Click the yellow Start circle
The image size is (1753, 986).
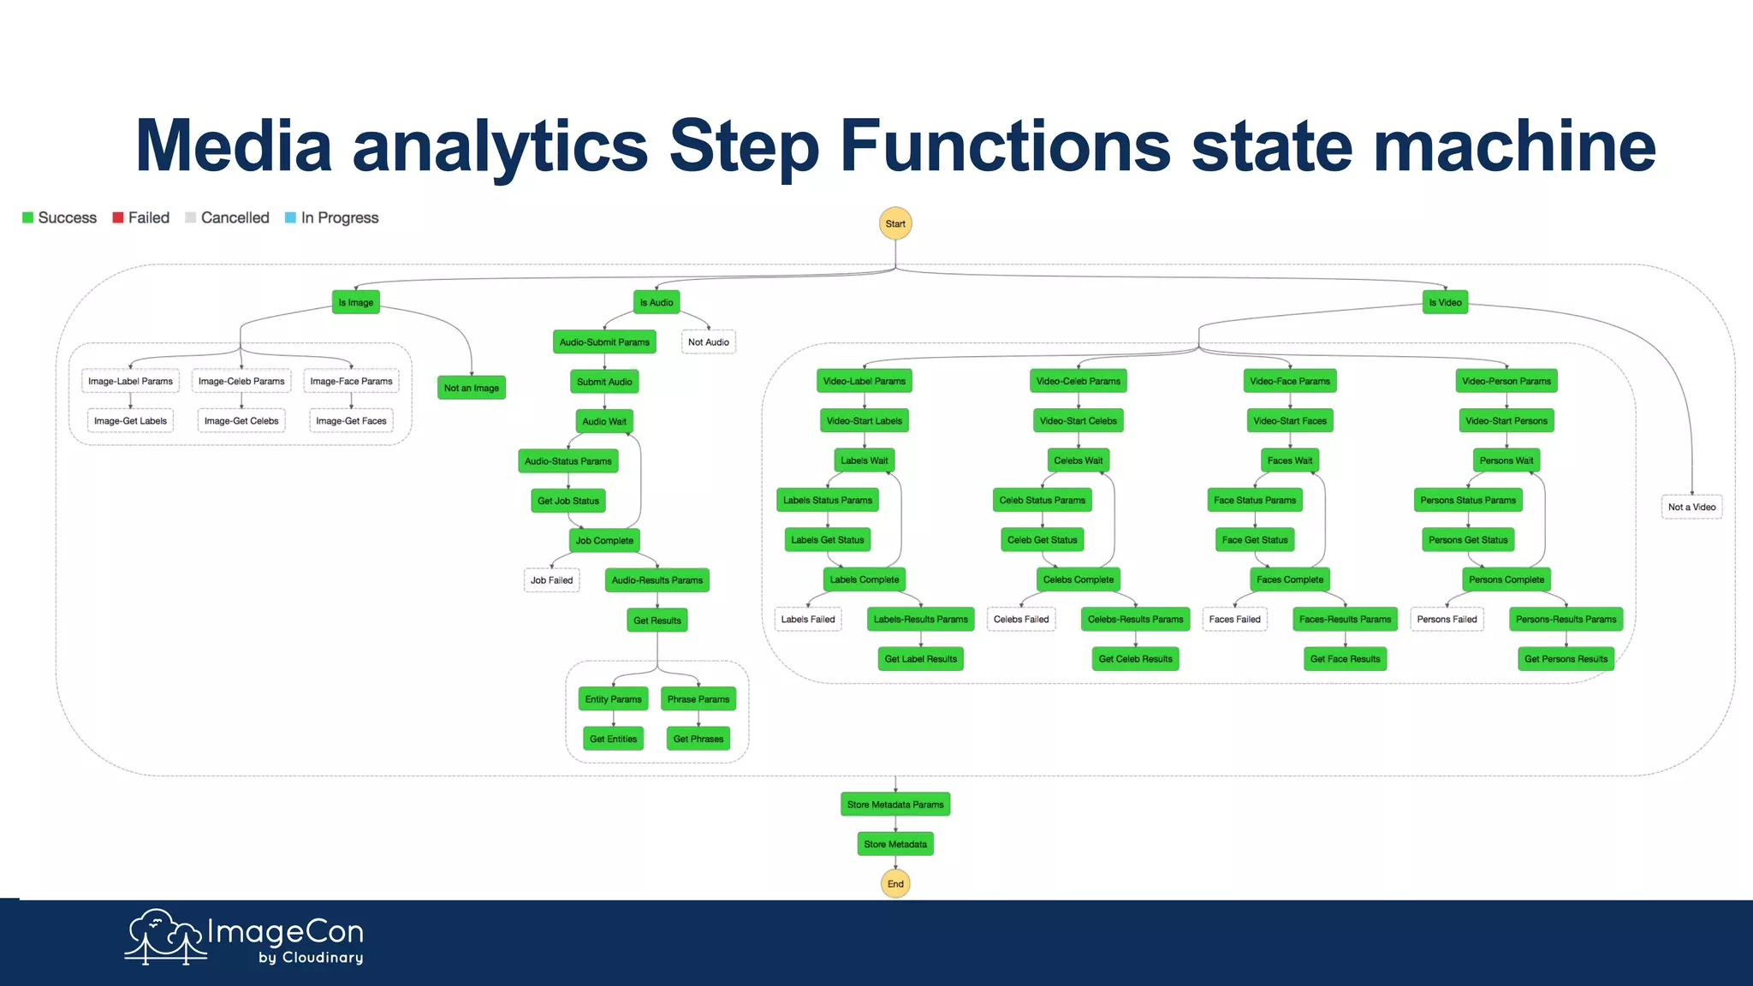[x=895, y=223]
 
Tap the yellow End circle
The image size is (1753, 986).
[x=895, y=883]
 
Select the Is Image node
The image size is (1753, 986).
[x=355, y=302]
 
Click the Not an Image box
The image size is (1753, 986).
[x=471, y=388]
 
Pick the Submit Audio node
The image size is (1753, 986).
[x=604, y=382]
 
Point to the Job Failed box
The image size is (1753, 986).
[x=551, y=580]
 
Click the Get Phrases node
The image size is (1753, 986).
[x=698, y=739]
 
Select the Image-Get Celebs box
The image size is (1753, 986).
[x=241, y=421]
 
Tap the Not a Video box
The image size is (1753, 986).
[x=1691, y=507]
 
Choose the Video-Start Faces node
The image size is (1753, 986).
[x=1289, y=421]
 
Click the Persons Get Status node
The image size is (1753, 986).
[x=1467, y=540]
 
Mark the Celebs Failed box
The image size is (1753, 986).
[x=1020, y=620]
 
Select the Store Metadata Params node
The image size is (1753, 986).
[x=895, y=805]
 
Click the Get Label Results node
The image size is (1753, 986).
[x=920, y=659]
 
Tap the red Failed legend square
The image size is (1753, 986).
[x=119, y=217]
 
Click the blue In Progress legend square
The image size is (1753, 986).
[x=290, y=217]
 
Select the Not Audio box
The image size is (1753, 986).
[x=708, y=342]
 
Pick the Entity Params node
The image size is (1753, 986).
[x=613, y=699]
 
